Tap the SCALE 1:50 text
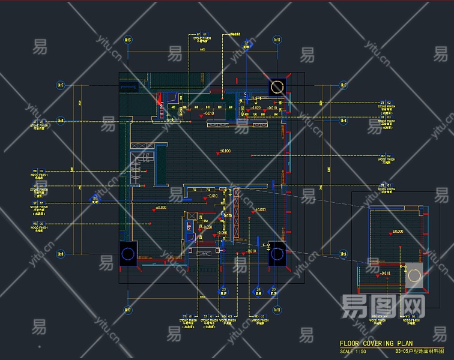[353, 351]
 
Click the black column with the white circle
[277, 87]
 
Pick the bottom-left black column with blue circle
[128, 254]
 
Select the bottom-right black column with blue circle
[277, 254]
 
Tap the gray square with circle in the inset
[414, 276]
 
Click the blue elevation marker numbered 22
[246, 43]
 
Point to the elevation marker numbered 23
[224, 290]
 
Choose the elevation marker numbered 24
[258, 290]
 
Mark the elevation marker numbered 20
[274, 290]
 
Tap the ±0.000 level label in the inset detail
[398, 231]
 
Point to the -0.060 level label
[223, 232]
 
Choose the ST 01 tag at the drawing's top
[200, 34]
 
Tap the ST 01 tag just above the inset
[384, 186]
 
